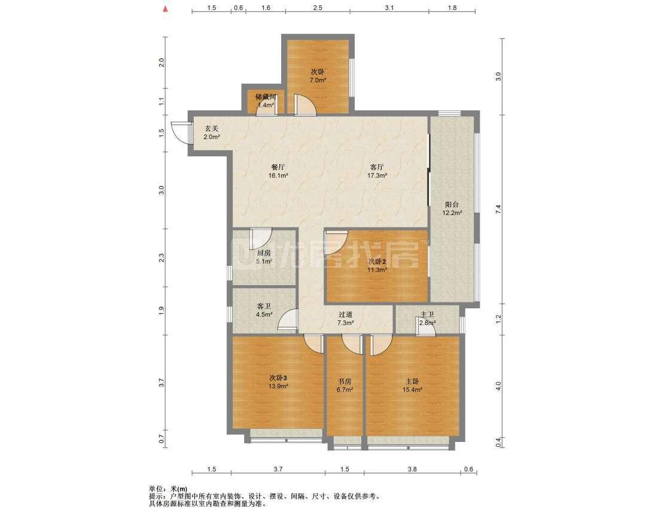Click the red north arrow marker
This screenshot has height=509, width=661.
[166, 8]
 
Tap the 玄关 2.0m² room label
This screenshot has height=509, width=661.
[212, 132]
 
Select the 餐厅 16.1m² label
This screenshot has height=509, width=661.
[278, 171]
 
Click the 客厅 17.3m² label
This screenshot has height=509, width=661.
[377, 171]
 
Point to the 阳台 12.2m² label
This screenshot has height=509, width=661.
[452, 208]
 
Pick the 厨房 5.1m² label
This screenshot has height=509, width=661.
[264, 257]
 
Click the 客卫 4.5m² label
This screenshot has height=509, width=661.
[264, 310]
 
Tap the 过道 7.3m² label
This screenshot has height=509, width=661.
[345, 319]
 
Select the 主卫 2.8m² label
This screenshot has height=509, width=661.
[427, 319]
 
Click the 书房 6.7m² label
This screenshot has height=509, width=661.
[345, 385]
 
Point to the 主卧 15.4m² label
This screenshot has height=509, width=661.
[412, 385]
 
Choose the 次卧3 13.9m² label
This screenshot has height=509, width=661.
[278, 381]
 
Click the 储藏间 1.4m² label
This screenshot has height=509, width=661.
[266, 101]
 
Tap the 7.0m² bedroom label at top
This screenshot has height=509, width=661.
[318, 76]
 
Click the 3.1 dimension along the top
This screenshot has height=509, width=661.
[389, 8]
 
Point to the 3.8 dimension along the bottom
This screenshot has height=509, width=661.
[412, 469]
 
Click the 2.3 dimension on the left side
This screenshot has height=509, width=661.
[161, 258]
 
